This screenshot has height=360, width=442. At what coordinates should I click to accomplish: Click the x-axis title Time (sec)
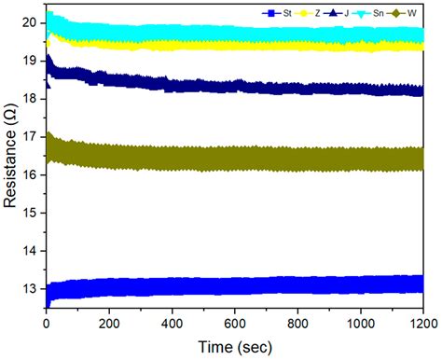pos(234,347)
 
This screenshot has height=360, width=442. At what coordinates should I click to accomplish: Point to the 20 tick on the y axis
pos(31,21)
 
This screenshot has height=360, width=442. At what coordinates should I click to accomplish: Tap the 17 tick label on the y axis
pos(31,136)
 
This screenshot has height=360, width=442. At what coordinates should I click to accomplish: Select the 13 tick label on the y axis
pos(31,289)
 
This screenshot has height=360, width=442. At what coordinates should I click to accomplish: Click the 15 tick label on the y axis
pos(31,213)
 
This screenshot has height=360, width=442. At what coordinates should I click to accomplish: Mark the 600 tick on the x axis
pos(234,323)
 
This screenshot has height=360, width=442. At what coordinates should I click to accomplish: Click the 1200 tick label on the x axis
pos(420,323)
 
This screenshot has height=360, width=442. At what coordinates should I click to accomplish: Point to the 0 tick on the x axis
pos(47,323)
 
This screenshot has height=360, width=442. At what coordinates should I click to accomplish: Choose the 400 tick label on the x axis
pos(172,323)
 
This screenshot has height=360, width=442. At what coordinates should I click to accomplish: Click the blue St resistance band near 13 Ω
pos(233,285)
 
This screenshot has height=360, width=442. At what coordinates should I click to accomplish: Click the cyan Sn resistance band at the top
pos(233,35)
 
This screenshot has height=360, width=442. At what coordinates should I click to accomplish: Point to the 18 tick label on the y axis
pos(31,98)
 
